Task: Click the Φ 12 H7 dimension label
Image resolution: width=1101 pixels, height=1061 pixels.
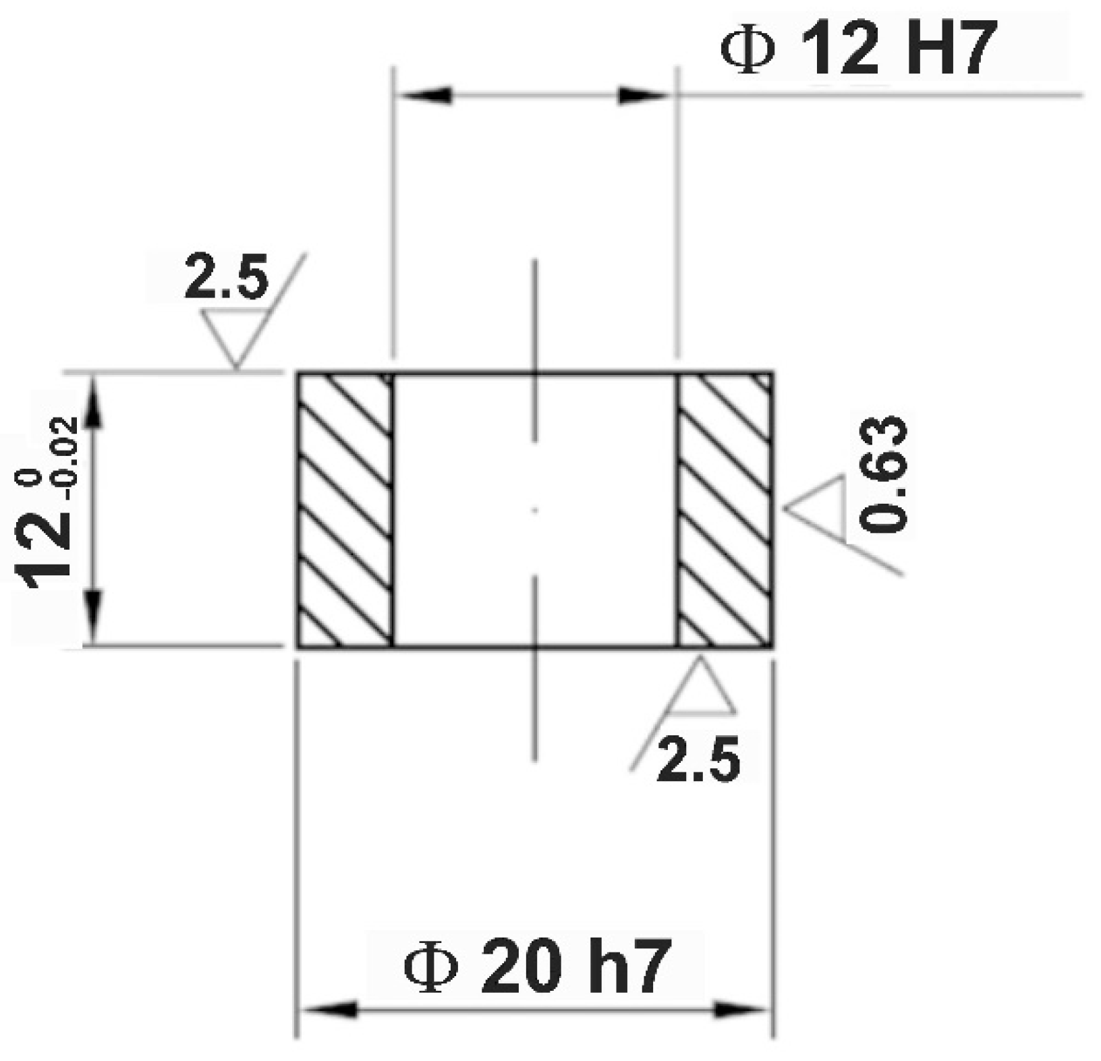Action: tap(858, 49)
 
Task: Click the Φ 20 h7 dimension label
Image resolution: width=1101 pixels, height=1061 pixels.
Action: tap(536, 967)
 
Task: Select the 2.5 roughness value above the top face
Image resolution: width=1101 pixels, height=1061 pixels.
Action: tap(227, 277)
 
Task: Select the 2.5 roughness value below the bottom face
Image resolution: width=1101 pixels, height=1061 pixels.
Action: tap(698, 759)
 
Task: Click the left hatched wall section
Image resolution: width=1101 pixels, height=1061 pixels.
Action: tap(345, 509)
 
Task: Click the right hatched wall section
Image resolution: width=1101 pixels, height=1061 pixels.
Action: tap(725, 509)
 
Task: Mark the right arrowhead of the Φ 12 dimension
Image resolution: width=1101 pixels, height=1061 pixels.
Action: tap(644, 95)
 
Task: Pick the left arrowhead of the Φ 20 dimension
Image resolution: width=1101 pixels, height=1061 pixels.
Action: tap(327, 1010)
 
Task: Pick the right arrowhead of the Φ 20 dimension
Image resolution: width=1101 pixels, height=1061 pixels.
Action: tap(742, 1010)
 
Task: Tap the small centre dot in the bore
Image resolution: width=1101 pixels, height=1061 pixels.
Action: tap(534, 511)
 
